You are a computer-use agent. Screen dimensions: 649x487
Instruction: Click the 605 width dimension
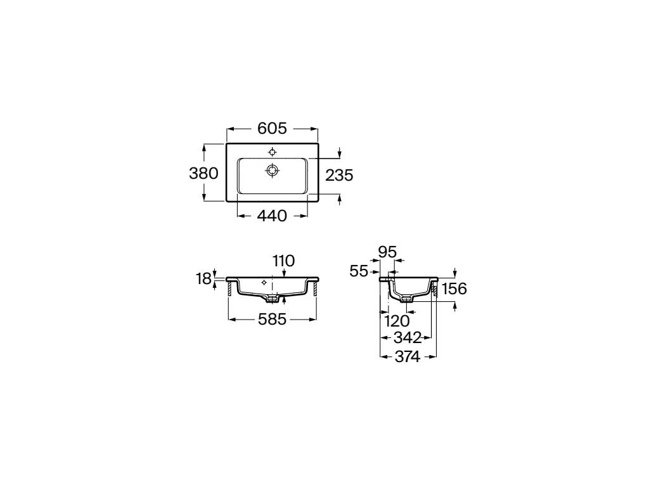tap(272, 128)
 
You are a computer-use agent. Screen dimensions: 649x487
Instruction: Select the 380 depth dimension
tap(203, 173)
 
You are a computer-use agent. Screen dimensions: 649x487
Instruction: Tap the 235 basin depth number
tap(339, 176)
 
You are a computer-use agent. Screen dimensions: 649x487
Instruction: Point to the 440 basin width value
tap(272, 216)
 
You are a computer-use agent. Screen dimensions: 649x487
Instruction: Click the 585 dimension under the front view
tap(272, 319)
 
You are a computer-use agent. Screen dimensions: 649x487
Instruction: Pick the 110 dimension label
tap(283, 261)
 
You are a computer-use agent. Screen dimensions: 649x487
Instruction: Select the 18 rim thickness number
tap(204, 279)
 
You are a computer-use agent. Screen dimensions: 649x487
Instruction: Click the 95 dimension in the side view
tap(387, 252)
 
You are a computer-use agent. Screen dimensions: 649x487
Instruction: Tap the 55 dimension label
tap(359, 271)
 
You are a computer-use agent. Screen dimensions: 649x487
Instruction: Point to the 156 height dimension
tap(454, 289)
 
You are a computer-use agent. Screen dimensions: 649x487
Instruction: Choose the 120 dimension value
tap(397, 321)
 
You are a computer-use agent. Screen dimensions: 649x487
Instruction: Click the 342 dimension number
tap(408, 338)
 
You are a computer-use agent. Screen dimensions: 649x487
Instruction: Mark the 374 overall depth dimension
tap(408, 356)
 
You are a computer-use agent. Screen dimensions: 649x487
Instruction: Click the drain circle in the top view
tap(272, 170)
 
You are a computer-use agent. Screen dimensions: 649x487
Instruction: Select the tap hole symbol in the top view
tap(272, 152)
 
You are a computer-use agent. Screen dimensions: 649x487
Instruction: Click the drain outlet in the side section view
tap(408, 298)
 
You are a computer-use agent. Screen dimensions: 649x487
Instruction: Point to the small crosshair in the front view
tap(264, 283)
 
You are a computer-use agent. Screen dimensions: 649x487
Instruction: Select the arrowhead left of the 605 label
tap(231, 129)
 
